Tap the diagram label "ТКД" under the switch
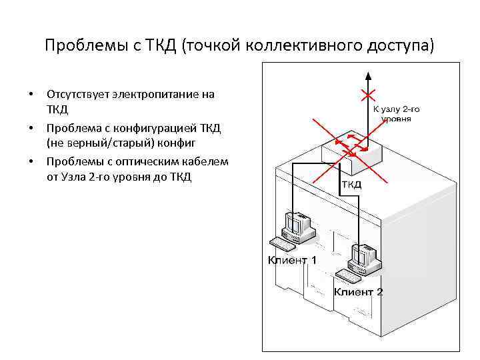(351, 185)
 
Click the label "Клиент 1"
(292, 260)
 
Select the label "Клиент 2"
(359, 291)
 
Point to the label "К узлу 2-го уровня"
(396, 113)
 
